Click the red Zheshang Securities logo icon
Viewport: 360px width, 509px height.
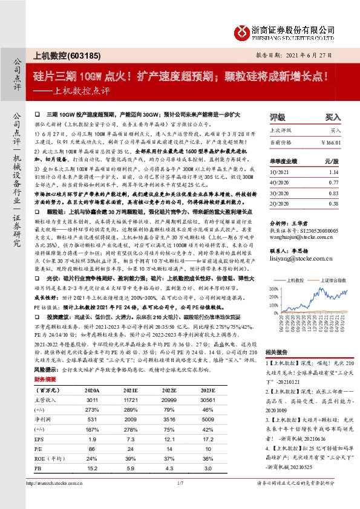243,31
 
